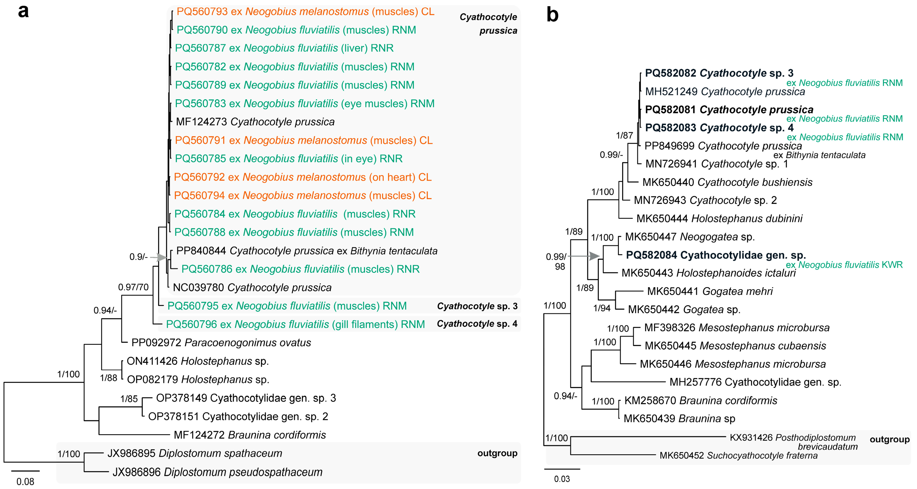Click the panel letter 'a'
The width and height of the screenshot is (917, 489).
click(23, 11)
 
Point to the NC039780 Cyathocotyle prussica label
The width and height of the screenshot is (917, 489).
click(252, 287)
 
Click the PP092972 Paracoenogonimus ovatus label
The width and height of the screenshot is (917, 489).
click(221, 342)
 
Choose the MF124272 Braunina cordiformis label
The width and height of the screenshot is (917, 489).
click(250, 435)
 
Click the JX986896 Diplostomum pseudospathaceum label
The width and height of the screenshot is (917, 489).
click(217, 472)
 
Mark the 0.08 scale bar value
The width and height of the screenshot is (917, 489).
click(25, 482)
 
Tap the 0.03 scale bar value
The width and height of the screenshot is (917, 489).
click(562, 479)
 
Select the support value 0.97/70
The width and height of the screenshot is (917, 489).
click(133, 287)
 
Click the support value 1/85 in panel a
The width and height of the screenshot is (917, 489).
click(129, 399)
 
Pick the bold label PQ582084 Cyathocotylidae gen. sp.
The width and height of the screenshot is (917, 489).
click(715, 255)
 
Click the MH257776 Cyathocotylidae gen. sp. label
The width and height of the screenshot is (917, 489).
click(755, 382)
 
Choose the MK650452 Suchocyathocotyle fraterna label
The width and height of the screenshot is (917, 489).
click(738, 455)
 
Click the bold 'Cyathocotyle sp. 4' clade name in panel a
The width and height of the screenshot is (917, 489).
click(477, 323)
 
